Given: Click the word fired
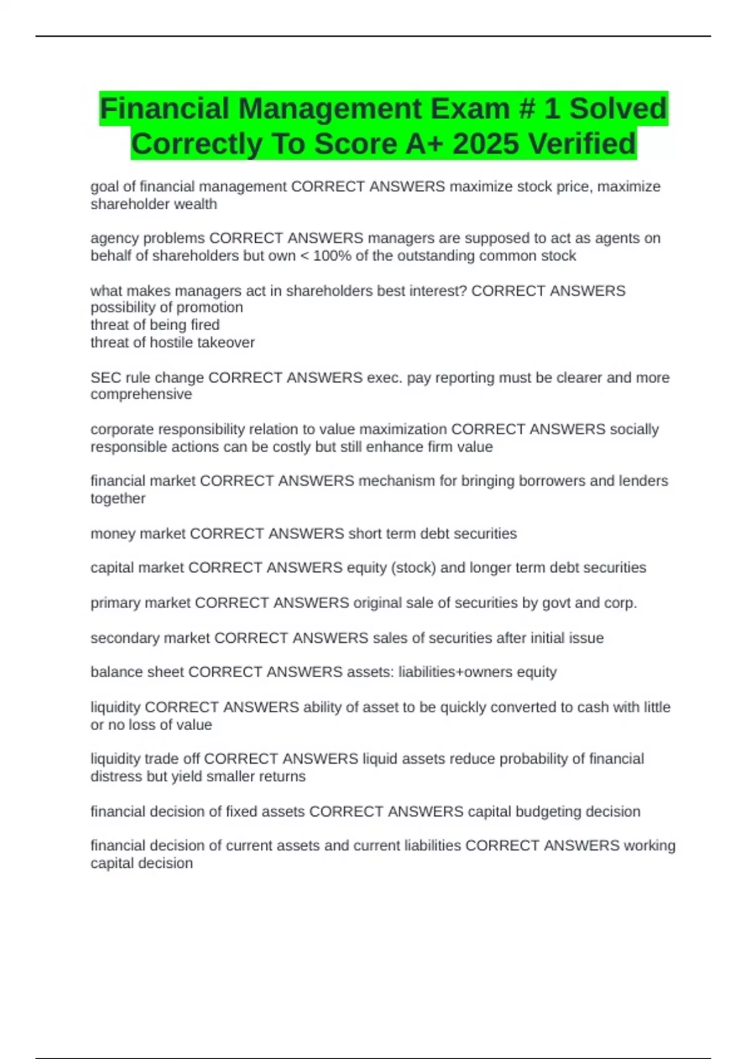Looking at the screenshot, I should pos(205,325).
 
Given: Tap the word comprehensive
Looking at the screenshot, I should pos(141,394).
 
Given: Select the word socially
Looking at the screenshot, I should pos(634,429).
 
